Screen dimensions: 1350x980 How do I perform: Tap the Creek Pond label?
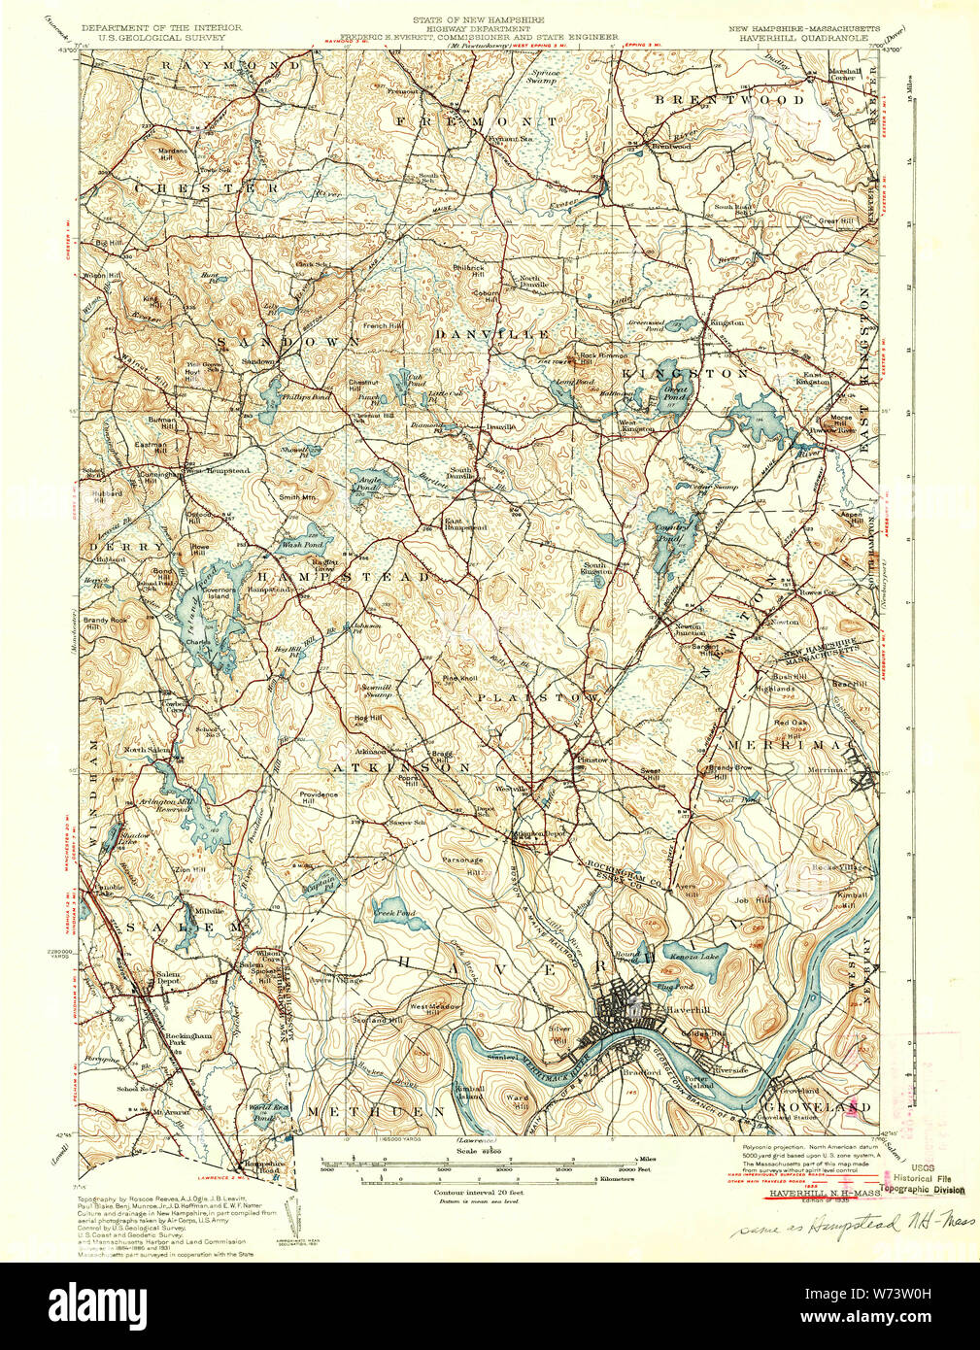pyautogui.click(x=394, y=913)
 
